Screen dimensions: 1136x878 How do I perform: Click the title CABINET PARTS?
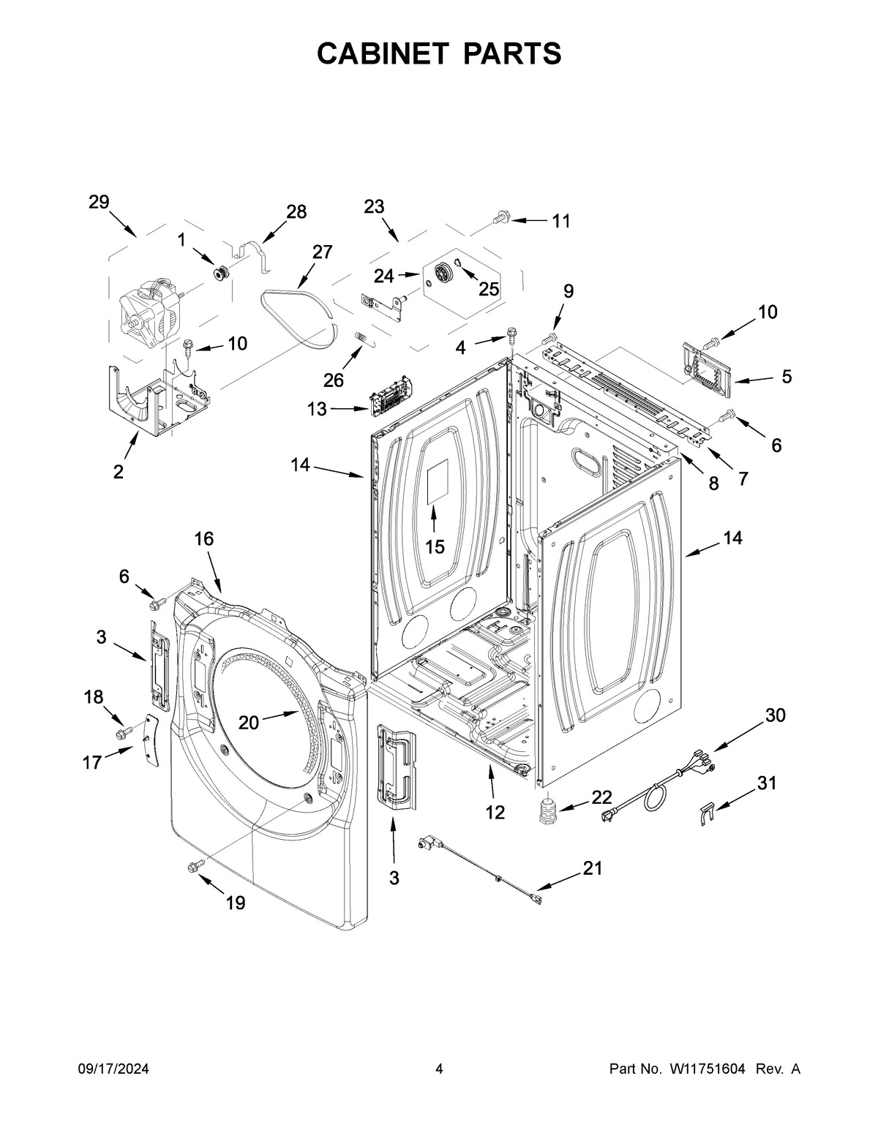[x=439, y=53]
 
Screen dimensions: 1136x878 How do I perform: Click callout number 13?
[x=317, y=409]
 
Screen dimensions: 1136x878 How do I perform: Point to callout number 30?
[x=775, y=715]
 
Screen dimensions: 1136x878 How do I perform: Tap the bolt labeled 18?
[x=122, y=731]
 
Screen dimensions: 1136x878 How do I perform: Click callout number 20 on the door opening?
[x=249, y=723]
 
